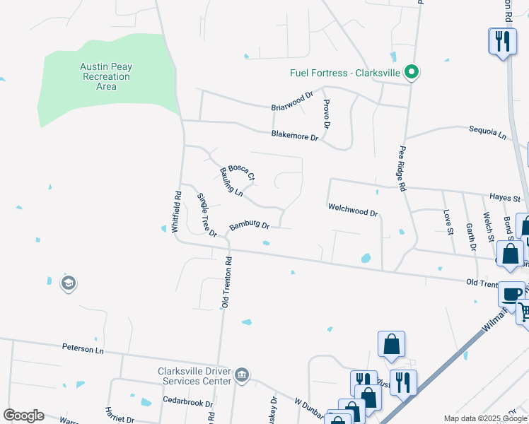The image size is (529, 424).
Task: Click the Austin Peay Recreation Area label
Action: click(106, 76)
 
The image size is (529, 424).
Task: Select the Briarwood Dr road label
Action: click(291, 102)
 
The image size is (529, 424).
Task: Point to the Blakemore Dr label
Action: click(294, 136)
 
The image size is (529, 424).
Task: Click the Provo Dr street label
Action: click(326, 114)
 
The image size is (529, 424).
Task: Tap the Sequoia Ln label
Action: click(489, 132)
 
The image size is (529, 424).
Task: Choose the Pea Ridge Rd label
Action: click(402, 170)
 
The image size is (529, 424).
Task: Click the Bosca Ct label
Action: click(240, 172)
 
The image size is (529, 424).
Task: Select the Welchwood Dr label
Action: click(353, 209)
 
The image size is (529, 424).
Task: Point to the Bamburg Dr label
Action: click(249, 227)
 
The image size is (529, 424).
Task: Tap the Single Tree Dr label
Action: click(206, 215)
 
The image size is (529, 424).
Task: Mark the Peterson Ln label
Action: click(83, 349)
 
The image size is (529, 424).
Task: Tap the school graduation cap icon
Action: click(68, 283)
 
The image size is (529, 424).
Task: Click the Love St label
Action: click(447, 219)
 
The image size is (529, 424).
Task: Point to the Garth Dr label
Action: click(471, 237)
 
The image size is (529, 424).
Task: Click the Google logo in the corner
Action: click(23, 416)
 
